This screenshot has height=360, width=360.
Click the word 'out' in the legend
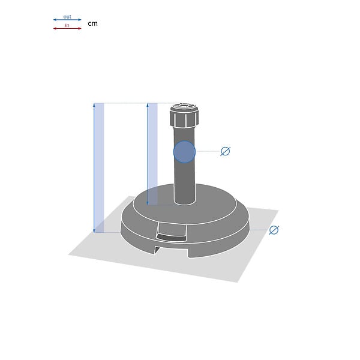pos(67,17)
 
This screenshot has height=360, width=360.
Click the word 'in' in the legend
pos(67,25)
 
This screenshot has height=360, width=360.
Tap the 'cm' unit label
pos(92,23)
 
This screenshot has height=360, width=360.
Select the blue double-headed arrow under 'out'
pos(67,20)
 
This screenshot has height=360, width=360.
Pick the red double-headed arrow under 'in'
pos(67,28)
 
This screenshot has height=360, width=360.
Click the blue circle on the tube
pos(184,152)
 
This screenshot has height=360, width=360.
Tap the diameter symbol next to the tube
pos(225,151)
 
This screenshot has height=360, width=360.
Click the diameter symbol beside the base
pos(274,230)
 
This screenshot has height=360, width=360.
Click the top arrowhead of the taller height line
pos(94,105)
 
